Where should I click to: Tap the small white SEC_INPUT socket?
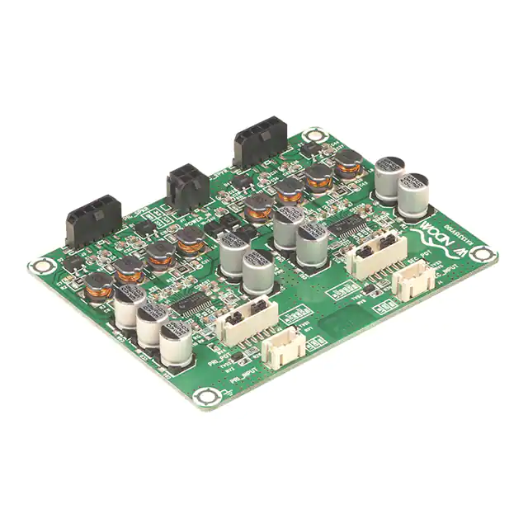[412, 282]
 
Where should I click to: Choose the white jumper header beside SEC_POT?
[375, 253]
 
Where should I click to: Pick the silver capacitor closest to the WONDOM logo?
[414, 192]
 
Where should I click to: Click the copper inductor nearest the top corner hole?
[348, 163]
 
